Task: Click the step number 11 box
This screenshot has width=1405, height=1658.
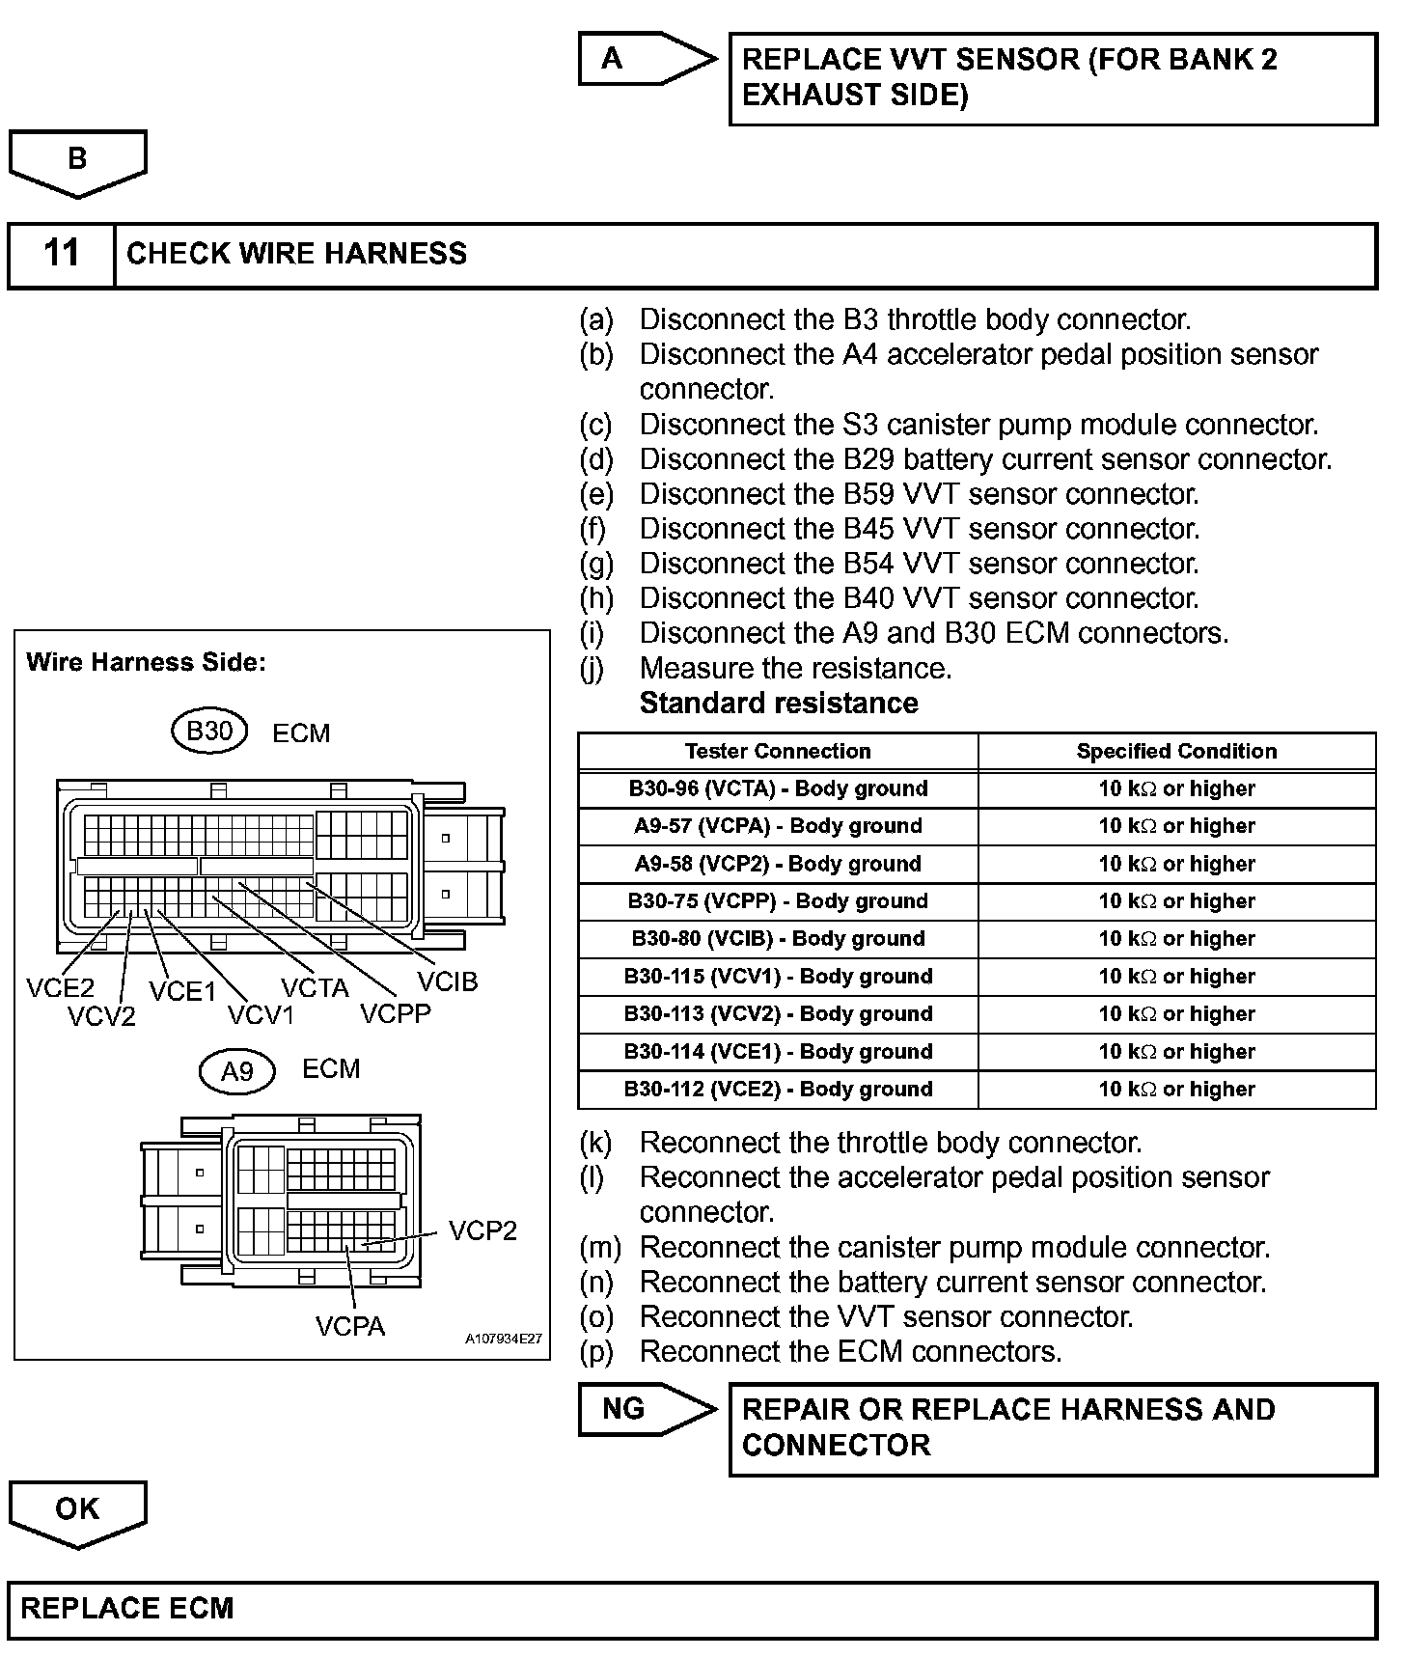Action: coord(61,254)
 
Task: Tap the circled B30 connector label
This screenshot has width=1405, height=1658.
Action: coord(209,732)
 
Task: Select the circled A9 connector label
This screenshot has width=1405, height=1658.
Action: coord(237,1071)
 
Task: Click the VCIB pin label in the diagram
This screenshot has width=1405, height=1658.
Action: coord(448,981)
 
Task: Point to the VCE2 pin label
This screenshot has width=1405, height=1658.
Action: coord(60,987)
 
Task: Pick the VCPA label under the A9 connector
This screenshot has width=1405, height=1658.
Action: coord(349,1327)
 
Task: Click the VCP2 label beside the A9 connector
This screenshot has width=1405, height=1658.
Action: coord(482,1230)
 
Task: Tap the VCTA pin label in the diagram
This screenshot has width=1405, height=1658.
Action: coord(315,988)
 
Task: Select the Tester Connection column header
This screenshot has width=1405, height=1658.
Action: coord(778,751)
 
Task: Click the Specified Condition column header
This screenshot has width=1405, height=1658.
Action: coord(1176,751)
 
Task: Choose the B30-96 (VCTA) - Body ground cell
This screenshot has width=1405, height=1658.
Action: coord(778,788)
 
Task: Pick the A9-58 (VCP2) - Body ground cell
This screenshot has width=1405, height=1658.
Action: coord(778,864)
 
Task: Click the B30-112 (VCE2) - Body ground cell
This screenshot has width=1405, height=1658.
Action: coord(778,1090)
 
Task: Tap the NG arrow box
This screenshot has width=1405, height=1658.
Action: coord(637,1409)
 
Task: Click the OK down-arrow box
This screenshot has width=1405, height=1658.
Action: coord(77,1510)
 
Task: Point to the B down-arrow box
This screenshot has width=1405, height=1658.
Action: coord(77,160)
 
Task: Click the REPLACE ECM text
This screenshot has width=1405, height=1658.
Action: coord(127,1609)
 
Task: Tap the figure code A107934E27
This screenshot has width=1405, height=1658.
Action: coord(503,1340)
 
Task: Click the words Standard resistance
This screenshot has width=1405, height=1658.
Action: coord(779,703)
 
